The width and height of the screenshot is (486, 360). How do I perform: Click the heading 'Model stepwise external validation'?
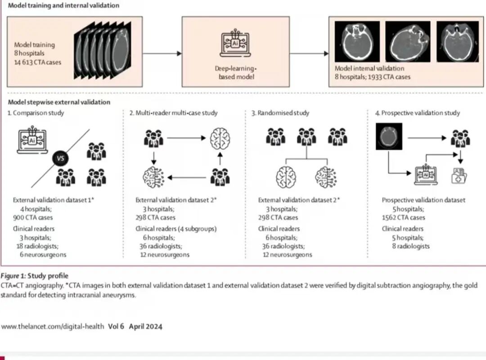click(x=59, y=102)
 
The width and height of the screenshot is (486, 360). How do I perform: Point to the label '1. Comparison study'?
click(x=36, y=113)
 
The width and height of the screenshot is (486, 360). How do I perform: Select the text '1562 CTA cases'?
click(x=403, y=217)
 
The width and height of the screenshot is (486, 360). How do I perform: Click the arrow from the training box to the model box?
click(x=162, y=54)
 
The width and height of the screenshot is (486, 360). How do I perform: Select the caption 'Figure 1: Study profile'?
click(x=35, y=276)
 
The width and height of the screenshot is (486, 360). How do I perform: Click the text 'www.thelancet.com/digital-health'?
click(x=53, y=327)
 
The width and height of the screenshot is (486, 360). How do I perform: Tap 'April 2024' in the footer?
click(x=145, y=327)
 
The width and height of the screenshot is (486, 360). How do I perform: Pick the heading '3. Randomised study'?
click(x=280, y=113)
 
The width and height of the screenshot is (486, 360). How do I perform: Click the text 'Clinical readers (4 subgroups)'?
click(x=176, y=229)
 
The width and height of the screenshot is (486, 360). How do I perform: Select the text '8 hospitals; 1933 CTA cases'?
click(x=373, y=77)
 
